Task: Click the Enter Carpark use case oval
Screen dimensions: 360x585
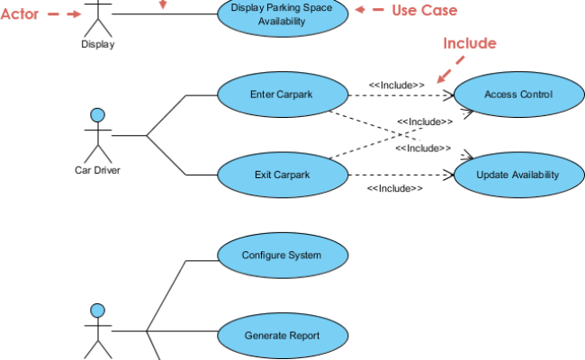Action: pos(283,94)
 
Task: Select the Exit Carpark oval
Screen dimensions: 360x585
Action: pos(283,175)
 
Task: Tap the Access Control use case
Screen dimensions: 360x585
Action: pos(517,94)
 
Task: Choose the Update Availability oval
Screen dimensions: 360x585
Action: pos(517,175)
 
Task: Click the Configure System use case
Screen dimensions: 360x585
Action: pos(282,256)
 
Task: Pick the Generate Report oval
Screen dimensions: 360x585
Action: pos(282,337)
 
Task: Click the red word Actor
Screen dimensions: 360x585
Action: pos(19,13)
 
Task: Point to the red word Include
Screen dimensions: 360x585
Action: pos(469,43)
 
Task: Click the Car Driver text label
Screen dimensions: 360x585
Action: pos(97,168)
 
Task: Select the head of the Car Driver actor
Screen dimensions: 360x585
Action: pos(98,115)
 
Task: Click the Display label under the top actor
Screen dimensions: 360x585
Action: pos(97,42)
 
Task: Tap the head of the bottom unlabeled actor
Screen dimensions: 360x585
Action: pos(98,311)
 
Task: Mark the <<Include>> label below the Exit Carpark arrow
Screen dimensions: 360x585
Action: pos(394,189)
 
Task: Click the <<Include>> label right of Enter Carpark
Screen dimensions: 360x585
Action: pos(396,85)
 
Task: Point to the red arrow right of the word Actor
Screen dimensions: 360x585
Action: pos(62,14)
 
